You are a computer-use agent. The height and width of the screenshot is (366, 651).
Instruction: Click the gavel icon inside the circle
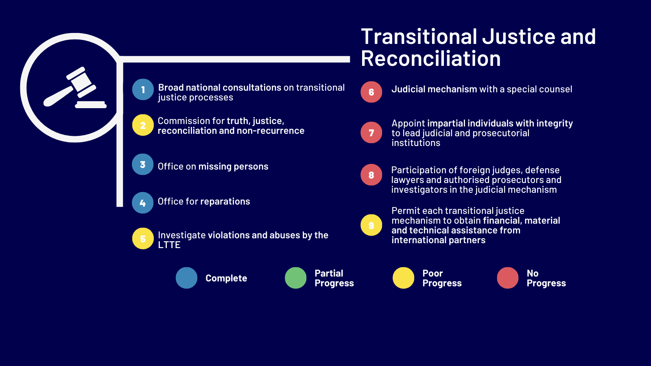pos(75,87)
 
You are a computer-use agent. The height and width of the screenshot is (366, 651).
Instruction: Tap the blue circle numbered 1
pos(143,89)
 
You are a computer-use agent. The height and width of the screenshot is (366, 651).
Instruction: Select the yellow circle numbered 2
pos(143,125)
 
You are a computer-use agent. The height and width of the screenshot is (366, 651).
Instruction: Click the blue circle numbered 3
pos(142,164)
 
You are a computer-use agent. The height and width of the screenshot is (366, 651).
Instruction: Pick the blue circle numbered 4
pos(142,203)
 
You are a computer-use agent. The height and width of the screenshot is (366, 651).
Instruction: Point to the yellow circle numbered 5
pos(143,238)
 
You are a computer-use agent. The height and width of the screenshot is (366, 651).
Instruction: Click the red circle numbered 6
pos(371,92)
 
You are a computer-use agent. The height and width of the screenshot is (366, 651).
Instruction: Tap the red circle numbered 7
pos(371,133)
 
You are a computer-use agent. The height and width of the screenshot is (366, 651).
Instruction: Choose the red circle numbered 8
pos(371,175)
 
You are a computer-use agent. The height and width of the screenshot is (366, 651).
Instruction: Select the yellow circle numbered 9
pos(371,225)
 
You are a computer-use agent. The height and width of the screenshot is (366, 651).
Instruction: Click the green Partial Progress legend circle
pos(295,278)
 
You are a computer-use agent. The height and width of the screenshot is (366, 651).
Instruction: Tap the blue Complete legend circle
pos(187,278)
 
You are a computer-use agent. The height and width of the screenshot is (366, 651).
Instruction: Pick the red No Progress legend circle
pos(507,278)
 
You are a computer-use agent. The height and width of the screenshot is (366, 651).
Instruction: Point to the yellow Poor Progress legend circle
pos(403,278)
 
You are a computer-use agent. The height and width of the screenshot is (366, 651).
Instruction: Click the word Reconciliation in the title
pos(431,59)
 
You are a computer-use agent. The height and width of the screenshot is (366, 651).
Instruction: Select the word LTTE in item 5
pos(169,245)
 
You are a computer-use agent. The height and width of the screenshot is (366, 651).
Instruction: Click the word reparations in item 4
pos(225,202)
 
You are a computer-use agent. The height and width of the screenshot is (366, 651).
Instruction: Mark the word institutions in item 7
pos(415,143)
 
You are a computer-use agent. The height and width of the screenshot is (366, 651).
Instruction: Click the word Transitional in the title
pos(419,37)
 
